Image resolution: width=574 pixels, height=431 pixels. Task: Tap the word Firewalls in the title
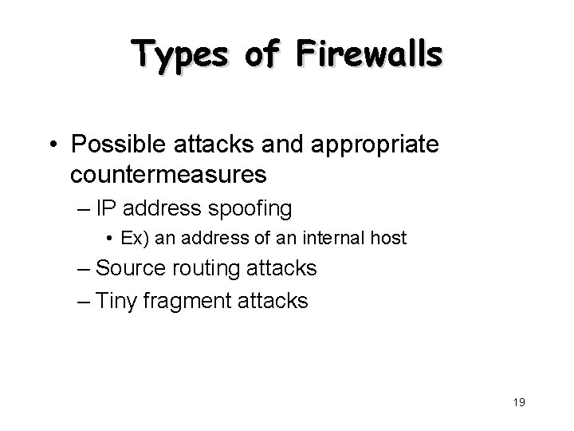(370, 56)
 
